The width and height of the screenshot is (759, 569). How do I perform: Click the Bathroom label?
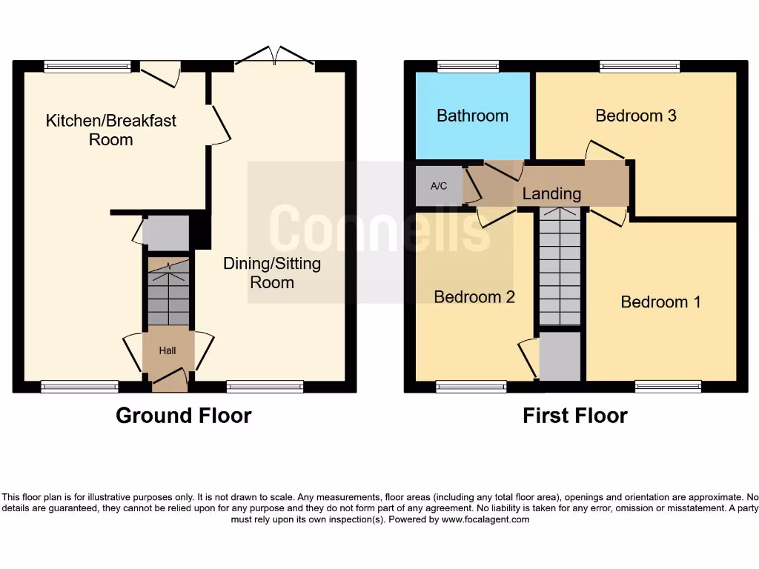tap(472, 116)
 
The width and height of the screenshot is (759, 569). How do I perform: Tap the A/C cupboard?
tap(439, 186)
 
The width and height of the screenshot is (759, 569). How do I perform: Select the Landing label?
tap(551, 194)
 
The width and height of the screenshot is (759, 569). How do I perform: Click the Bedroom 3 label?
tap(636, 116)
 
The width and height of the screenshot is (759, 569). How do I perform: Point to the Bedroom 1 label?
tap(660, 302)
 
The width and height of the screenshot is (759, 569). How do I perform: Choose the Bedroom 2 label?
tap(474, 297)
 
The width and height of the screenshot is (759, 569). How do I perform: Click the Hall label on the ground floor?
tap(168, 350)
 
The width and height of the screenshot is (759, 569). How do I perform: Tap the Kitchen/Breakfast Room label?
tap(111, 130)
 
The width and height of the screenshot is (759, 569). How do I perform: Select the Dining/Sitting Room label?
tap(272, 273)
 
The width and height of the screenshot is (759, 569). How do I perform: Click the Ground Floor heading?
tap(183, 416)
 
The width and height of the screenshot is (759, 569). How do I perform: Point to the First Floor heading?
tap(574, 416)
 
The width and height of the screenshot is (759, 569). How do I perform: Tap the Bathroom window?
tap(468, 67)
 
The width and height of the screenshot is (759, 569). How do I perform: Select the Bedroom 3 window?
tap(640, 67)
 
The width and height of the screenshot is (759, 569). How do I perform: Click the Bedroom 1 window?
tap(668, 386)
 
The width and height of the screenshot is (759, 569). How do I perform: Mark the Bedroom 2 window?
tap(471, 386)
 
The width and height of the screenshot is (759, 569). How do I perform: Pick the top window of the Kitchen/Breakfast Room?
tap(87, 67)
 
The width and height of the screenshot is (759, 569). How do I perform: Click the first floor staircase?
tap(560, 267)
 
